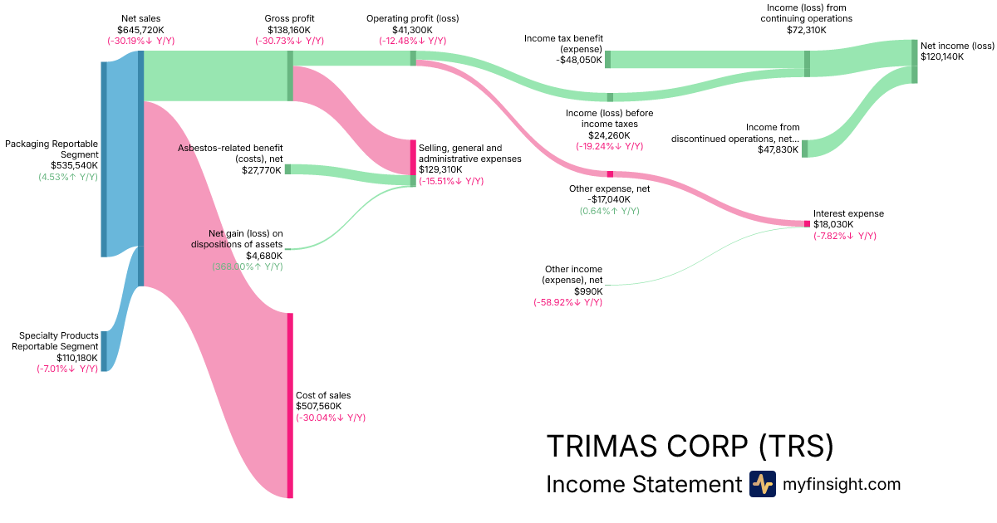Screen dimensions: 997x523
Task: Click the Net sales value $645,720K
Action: [x=140, y=29]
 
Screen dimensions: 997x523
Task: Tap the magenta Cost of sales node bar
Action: [x=290, y=405]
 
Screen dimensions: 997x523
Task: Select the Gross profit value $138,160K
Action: [x=290, y=29]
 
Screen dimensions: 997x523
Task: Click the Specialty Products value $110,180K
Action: [x=76, y=357]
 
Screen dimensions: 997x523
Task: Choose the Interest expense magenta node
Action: [x=806, y=223]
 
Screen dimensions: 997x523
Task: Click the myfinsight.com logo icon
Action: [x=762, y=484]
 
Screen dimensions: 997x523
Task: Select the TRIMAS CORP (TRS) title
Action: [x=689, y=446]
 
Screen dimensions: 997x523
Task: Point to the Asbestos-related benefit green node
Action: [x=288, y=169]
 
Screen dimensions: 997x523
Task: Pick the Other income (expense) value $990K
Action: [x=586, y=291]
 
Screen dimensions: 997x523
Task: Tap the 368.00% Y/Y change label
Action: [x=248, y=266]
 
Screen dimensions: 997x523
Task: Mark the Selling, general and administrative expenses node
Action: [x=413, y=158]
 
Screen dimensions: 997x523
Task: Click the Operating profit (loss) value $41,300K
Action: [x=412, y=29]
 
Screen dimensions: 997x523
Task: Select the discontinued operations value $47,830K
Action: [x=777, y=150]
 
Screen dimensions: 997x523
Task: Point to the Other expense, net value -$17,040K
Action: [x=609, y=199]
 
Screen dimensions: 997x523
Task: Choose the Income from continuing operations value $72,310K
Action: [x=807, y=29]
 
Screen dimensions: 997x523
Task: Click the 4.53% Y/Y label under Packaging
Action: [x=68, y=176]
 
